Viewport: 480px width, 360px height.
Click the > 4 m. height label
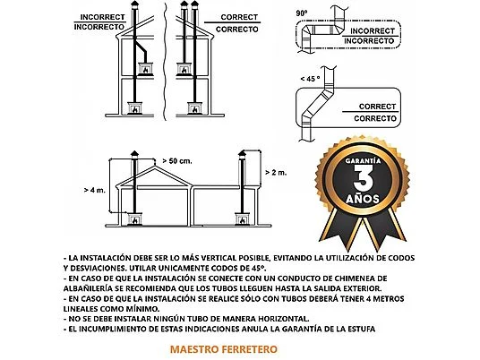coord(95,190)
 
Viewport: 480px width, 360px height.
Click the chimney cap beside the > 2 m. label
coord(240,155)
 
